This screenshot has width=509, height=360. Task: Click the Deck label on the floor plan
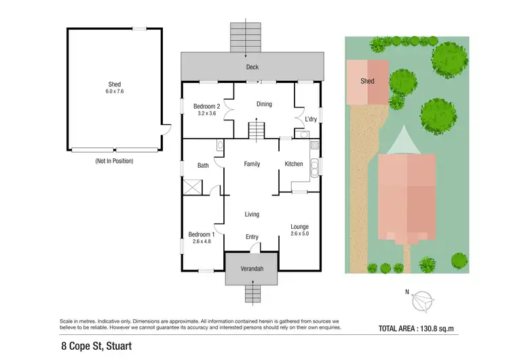[x=252, y=67]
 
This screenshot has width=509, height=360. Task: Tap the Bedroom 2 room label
[x=206, y=107]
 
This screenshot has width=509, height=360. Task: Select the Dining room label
[x=263, y=104]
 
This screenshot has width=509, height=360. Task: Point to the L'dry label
[x=311, y=120]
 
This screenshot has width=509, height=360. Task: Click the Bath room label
[x=203, y=165]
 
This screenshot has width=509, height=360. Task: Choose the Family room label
[x=252, y=164]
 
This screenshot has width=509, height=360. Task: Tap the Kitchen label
[x=294, y=164]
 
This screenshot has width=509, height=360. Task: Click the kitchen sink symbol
[x=314, y=168]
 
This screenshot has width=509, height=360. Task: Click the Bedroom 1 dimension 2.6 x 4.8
[x=202, y=241]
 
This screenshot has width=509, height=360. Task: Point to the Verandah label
[x=252, y=269]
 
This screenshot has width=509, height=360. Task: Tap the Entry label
[x=252, y=237]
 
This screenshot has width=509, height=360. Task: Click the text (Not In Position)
[x=113, y=161]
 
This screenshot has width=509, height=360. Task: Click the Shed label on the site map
[x=367, y=81]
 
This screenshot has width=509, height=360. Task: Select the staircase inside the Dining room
[x=257, y=129]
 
